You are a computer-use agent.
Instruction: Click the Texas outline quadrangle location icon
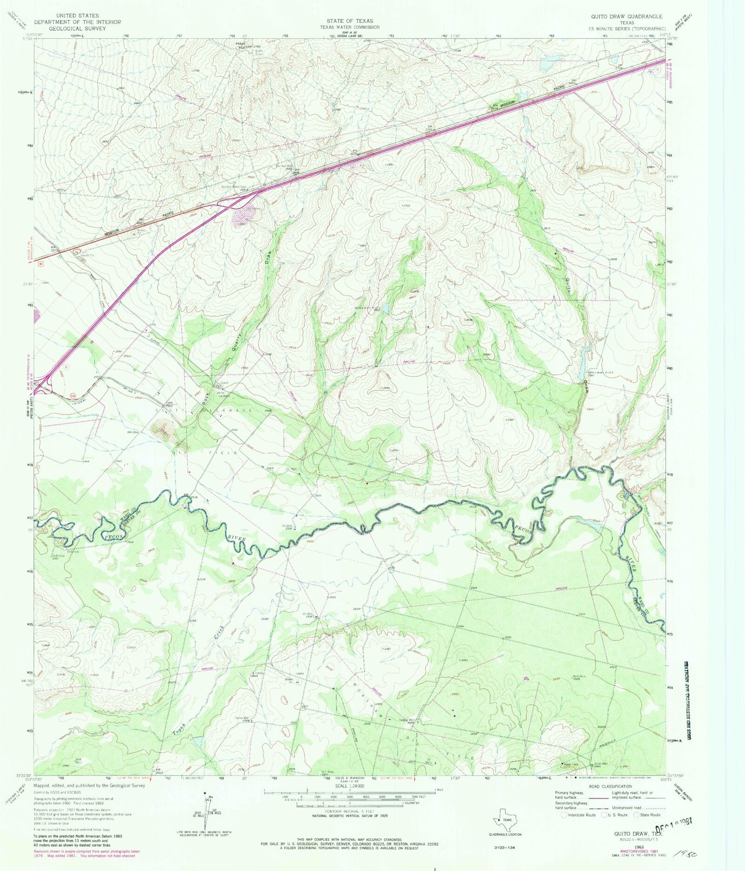click(505, 820)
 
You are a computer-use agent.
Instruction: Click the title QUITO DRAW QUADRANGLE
click(626, 16)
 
